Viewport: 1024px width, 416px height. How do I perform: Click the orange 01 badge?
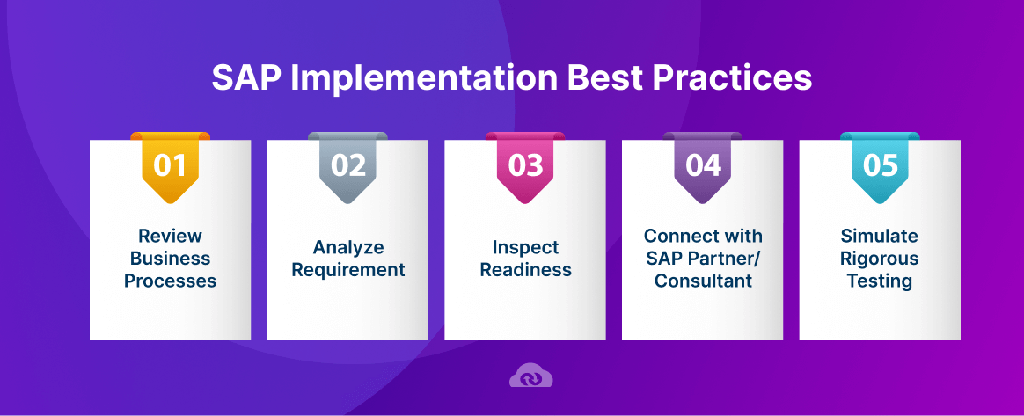170,165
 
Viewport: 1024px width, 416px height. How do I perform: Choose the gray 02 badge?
347,165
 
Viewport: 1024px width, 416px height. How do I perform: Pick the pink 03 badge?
525,165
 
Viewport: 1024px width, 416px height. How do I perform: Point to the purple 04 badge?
703,165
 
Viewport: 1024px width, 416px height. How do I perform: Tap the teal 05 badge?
880,165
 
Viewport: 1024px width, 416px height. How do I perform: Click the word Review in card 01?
170,236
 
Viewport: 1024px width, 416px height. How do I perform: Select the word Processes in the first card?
170,281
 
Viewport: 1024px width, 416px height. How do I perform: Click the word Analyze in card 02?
348,247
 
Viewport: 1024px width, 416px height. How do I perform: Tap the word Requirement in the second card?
348,270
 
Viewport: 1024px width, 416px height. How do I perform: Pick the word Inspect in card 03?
525,247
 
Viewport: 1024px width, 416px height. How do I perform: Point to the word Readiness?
525,270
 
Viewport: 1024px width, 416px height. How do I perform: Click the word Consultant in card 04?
703,281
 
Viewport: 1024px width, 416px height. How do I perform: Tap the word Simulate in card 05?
880,236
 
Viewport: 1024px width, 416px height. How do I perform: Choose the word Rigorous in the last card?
880,259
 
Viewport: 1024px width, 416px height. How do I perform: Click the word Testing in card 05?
880,281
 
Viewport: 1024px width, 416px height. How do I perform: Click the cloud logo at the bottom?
530,376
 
